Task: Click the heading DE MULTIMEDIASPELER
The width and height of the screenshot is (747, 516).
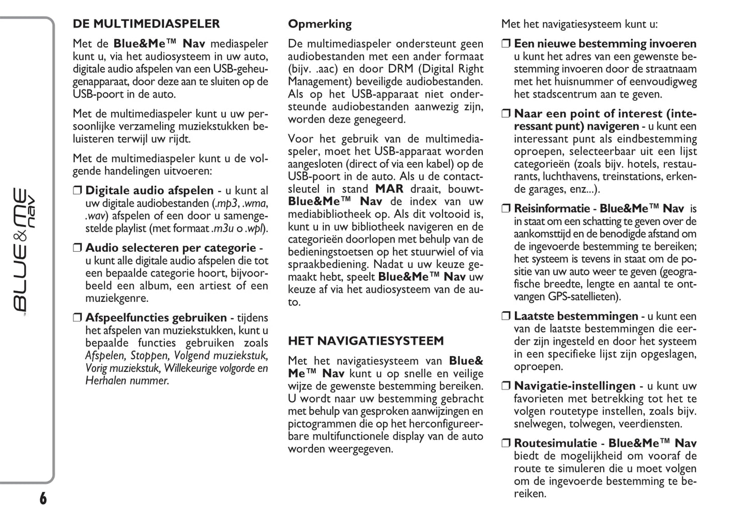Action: (146, 24)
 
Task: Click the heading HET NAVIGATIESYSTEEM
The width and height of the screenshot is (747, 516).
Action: (365, 341)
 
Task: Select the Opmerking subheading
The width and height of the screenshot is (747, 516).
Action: (319, 24)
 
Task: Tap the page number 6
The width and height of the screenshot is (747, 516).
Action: (43, 498)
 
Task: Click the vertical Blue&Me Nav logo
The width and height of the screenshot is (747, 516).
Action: (25, 250)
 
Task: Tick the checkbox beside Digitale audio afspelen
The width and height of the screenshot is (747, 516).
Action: (78, 191)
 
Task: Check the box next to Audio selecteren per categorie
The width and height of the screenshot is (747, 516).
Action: (78, 248)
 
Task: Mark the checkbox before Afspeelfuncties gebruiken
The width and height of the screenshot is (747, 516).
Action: (78, 318)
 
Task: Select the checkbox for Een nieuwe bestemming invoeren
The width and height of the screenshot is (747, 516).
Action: (506, 44)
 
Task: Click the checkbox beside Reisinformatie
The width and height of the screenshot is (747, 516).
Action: (506, 209)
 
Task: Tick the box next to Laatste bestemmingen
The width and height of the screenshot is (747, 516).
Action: (506, 316)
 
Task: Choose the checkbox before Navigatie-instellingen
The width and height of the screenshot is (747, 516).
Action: (506, 386)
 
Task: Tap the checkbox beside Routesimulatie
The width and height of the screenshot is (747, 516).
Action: (506, 444)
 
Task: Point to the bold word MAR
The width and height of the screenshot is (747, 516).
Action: (389, 189)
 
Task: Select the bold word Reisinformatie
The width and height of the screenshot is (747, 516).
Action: (552, 209)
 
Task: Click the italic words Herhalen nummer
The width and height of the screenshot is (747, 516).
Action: (127, 381)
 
